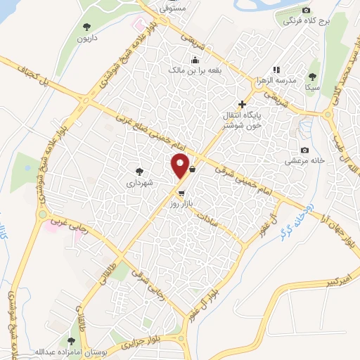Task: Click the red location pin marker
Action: (181, 166)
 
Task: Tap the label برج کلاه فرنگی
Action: (304, 21)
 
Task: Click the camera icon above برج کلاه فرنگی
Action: (305, 10)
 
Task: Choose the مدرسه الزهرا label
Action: (276, 81)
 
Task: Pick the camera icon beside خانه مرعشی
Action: (304, 150)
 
